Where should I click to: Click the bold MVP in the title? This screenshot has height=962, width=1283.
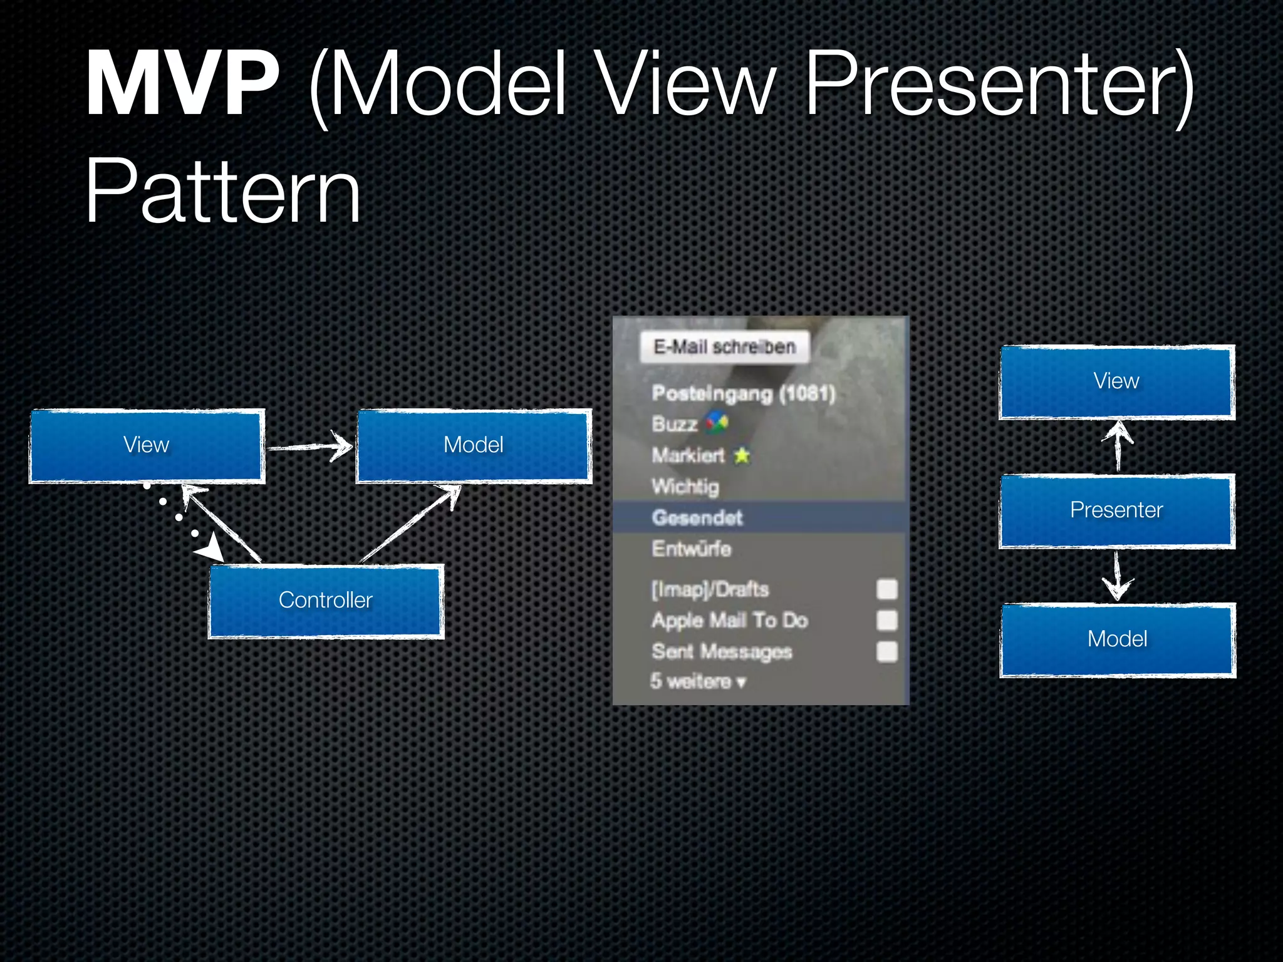(x=182, y=85)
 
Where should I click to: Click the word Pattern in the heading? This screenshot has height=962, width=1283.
(x=223, y=191)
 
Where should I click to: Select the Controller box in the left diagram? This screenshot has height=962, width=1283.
(x=326, y=600)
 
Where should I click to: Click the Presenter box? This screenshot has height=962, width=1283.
(x=1116, y=510)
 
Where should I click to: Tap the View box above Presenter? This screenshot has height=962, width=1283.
(x=1116, y=381)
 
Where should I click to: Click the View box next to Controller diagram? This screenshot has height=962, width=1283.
(x=147, y=445)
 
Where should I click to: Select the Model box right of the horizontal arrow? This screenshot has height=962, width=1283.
(x=474, y=445)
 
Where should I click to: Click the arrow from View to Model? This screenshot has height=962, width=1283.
(x=311, y=447)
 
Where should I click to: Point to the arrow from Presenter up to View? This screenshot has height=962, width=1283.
(x=1118, y=446)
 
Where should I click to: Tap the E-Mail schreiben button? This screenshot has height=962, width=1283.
(x=725, y=347)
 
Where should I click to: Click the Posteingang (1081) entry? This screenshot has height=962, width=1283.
(x=744, y=393)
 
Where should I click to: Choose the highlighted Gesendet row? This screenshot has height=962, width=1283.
(x=697, y=517)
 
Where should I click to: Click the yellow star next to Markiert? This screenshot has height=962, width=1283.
(x=742, y=455)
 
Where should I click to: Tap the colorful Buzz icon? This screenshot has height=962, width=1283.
(x=717, y=424)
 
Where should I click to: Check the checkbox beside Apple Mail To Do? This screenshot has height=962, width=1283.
(x=886, y=620)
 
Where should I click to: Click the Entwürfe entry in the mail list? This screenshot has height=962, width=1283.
(x=692, y=549)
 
